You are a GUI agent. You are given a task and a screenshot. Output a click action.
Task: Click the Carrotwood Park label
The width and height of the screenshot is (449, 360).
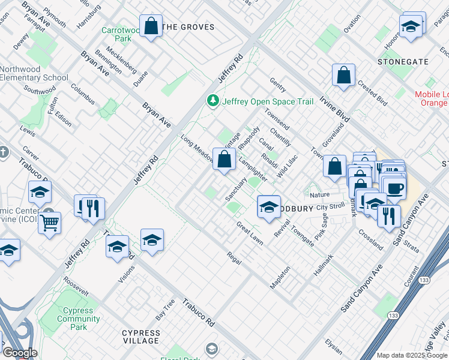pyautogui.click(x=116, y=34)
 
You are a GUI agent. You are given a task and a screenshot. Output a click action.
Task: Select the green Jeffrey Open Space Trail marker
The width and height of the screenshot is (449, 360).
pyautogui.click(x=211, y=100)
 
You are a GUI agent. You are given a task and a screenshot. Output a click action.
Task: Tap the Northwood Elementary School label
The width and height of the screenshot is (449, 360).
pyautogui.click(x=34, y=73)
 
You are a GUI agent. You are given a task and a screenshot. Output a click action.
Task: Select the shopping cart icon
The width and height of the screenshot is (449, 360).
pyautogui.click(x=49, y=223)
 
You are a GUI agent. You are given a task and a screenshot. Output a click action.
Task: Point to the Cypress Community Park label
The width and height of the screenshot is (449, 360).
pyautogui.click(x=79, y=319)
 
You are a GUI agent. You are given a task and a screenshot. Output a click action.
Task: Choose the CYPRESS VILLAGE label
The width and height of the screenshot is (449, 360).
pyautogui.click(x=140, y=337)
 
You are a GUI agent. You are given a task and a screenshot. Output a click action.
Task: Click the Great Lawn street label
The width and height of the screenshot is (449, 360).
pyautogui.click(x=249, y=233)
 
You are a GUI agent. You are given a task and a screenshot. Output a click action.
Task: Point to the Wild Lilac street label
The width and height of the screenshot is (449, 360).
pyautogui.click(x=287, y=167)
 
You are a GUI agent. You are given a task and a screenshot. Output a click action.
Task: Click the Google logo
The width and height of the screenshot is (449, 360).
pyautogui.click(x=19, y=353)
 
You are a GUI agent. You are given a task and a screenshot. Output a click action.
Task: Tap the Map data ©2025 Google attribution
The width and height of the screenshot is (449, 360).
pyautogui.click(x=411, y=355)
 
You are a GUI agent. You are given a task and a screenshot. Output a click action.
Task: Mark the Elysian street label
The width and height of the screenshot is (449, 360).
pyautogui.click(x=333, y=347)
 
